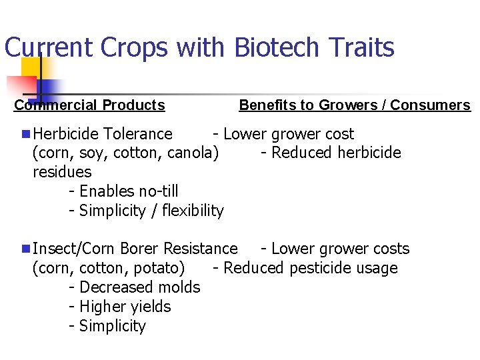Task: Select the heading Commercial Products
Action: [x=89, y=105]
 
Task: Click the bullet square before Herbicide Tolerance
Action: [x=25, y=134]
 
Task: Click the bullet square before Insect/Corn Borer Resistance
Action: [x=25, y=249]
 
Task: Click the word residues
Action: [x=62, y=172]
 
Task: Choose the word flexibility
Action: [x=193, y=211]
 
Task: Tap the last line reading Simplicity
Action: [x=112, y=326]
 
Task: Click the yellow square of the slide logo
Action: [x=31, y=67]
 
